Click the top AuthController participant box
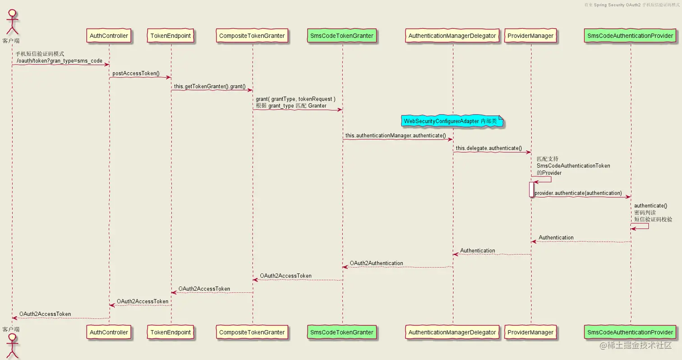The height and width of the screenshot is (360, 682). point(109,35)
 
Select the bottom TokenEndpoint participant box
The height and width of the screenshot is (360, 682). point(171,332)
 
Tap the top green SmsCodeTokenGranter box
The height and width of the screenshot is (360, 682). point(342,35)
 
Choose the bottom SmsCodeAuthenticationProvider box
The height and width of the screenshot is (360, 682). point(631,332)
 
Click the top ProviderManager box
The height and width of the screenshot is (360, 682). point(530,35)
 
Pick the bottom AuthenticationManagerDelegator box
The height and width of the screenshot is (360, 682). point(453,332)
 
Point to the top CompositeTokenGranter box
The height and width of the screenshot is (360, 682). point(252,35)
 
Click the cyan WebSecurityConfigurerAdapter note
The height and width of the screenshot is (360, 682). point(452,121)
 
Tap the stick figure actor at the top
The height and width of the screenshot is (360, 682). point(12,20)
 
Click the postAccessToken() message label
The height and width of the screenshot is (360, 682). point(136,73)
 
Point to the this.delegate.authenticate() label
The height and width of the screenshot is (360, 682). point(488,148)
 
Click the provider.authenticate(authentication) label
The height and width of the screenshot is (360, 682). point(578,193)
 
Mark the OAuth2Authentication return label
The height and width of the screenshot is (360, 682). point(376,263)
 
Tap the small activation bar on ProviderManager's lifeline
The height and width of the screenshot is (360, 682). point(531,189)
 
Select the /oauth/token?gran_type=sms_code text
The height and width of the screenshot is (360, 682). point(60,60)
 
